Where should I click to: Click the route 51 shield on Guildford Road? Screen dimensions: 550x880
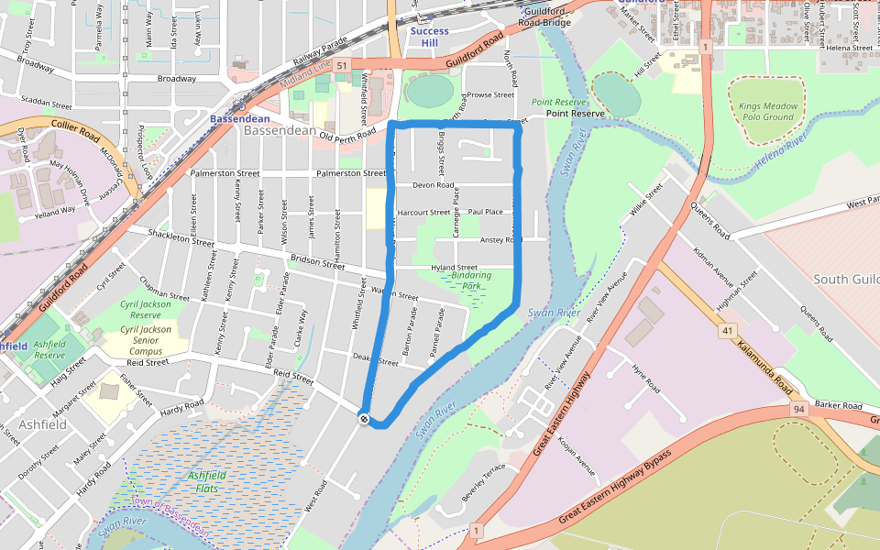pos(341,66)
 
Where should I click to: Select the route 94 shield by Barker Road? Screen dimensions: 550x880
pos(800,410)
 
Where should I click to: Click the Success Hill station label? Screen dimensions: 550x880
pos(429,37)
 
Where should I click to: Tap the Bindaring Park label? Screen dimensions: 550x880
pos(472,280)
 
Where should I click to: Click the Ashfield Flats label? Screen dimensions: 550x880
pos(206,481)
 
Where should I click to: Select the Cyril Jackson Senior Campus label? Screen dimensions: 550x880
pos(146,340)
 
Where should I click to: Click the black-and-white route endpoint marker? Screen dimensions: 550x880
pos(365,419)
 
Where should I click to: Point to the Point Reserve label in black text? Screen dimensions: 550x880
pos(575,114)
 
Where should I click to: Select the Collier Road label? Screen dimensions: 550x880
pos(55,126)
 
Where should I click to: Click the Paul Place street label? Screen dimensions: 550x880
pos(485,212)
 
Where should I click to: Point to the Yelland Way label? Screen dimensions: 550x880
pos(56,210)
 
